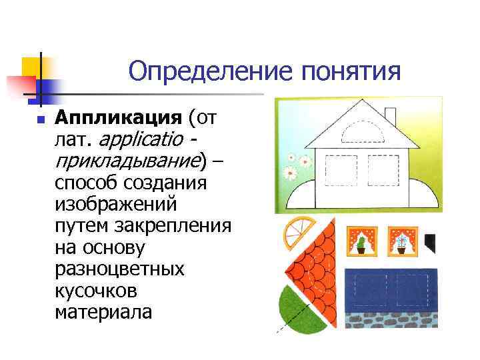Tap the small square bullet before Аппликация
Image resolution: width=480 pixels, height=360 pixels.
pyautogui.click(x=40, y=121)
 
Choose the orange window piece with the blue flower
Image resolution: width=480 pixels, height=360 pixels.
pyautogui.click(x=402, y=241)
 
